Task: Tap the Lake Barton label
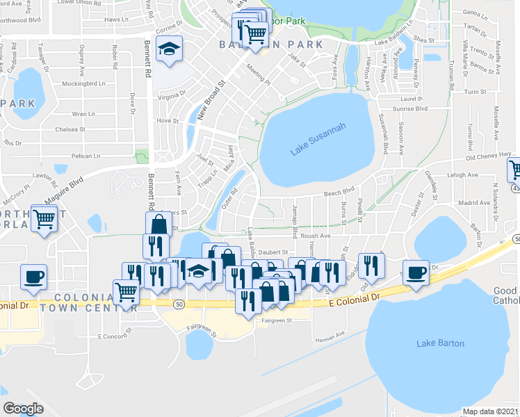pyautogui.click(x=440, y=343)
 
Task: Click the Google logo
pyautogui.click(x=23, y=409)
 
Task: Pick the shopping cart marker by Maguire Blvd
pyautogui.click(x=45, y=220)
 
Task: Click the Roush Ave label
pyautogui.click(x=315, y=236)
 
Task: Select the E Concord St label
pyautogui.click(x=115, y=336)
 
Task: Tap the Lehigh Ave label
pyautogui.click(x=464, y=175)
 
